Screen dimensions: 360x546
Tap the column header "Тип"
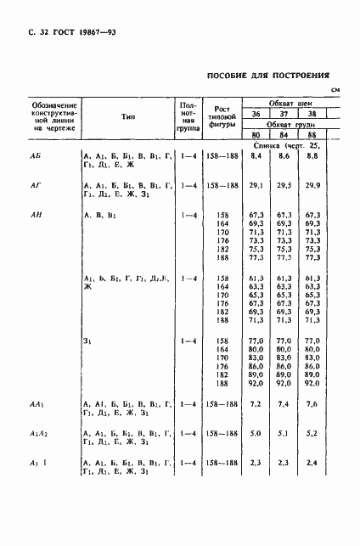(127, 118)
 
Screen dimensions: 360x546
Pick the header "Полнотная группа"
(189, 118)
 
